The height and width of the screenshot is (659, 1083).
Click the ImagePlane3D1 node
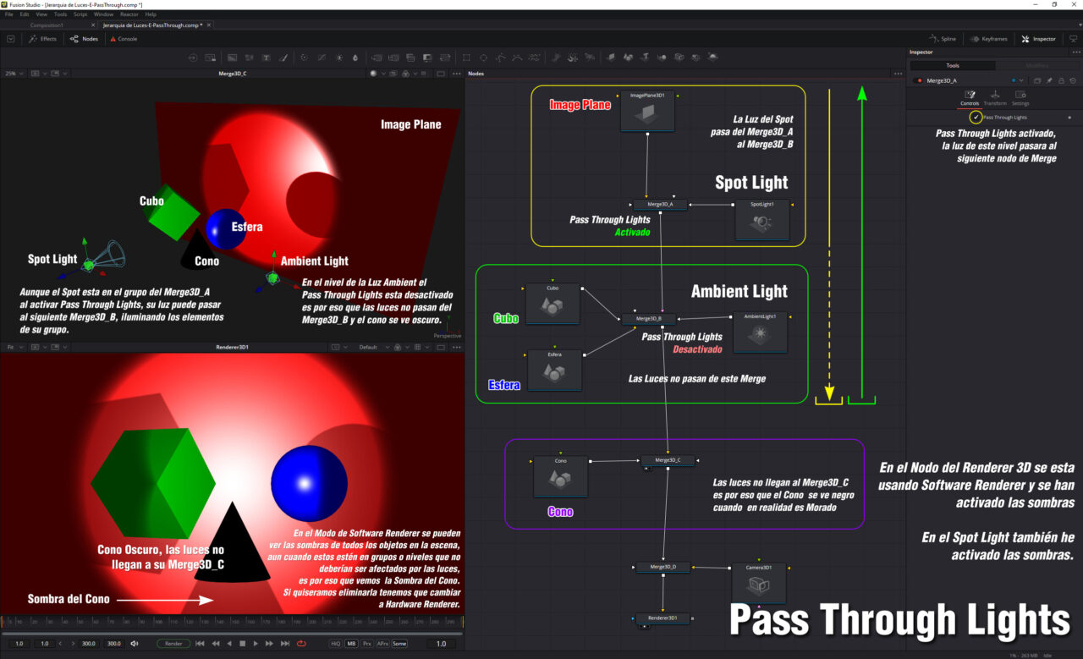coord(647,112)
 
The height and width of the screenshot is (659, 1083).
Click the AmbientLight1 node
coord(760,332)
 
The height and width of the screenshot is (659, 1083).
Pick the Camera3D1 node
coord(759,581)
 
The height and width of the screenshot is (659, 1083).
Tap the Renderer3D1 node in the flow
coord(662,618)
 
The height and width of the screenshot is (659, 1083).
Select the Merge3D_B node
coord(649,319)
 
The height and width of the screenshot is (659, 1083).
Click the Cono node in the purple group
coord(560,475)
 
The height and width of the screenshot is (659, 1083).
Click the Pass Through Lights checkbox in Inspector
coord(976,117)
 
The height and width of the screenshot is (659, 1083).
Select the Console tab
coord(124,39)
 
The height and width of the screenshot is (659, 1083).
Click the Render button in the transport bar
coord(173,644)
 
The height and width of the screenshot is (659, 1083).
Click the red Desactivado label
coord(697,349)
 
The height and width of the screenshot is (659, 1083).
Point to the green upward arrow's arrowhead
coord(862,93)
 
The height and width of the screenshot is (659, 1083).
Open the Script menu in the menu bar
coord(80,14)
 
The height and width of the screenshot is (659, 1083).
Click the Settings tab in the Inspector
coord(1020,98)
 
